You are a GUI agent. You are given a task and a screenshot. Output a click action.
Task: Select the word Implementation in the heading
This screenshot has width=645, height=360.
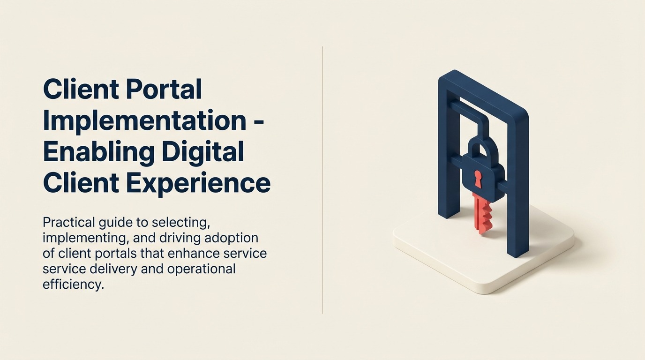point(144,120)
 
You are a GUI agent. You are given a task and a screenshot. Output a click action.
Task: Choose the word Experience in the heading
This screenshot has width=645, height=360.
point(199,183)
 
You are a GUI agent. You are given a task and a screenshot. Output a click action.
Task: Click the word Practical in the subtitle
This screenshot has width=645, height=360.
point(70,222)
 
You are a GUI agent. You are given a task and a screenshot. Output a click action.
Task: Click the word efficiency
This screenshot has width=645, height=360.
point(72,285)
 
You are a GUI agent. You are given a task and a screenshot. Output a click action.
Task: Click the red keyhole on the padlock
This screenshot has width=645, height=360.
point(478,178)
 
